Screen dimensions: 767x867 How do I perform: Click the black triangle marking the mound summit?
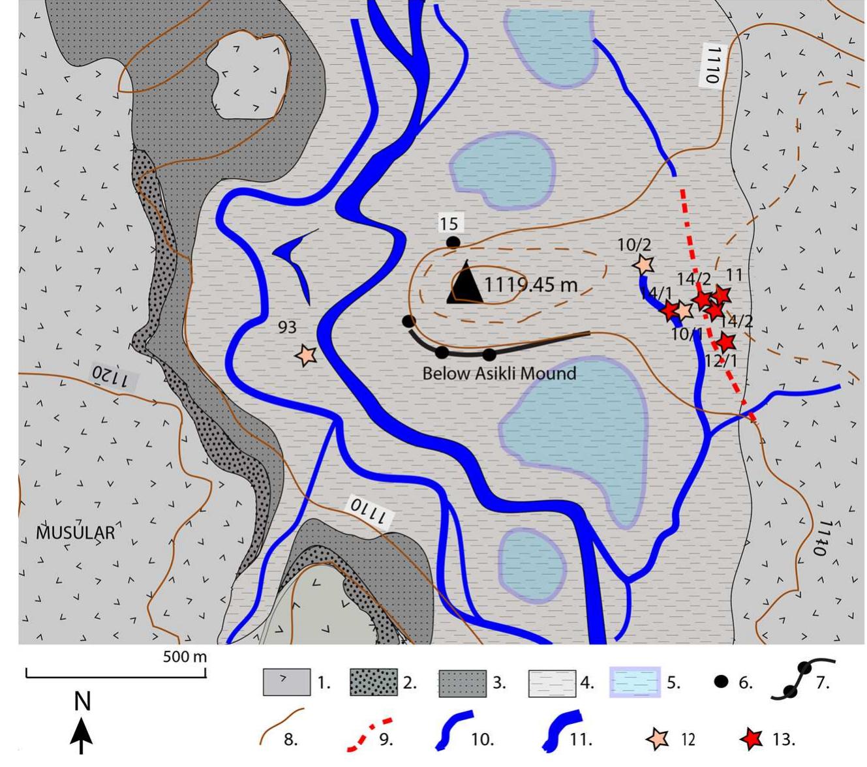465,285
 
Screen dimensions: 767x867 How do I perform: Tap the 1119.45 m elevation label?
531,285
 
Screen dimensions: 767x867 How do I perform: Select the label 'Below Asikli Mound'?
499,374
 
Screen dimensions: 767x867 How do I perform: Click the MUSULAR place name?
75,532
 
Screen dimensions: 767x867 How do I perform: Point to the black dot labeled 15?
453,243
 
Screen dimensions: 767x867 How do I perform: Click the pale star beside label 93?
305,355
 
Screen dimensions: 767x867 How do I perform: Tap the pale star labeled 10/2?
643,265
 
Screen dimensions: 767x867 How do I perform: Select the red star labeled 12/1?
725,342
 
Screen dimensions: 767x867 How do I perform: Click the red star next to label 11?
720,295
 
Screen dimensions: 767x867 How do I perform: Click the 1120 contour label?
115,376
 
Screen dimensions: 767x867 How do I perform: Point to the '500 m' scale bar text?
185,656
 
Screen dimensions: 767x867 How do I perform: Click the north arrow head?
82,728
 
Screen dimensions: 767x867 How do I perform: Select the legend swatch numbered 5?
635,682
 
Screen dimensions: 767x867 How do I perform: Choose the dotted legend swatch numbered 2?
373,682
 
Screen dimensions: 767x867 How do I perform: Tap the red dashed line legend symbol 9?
369,734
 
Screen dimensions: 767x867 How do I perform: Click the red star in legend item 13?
752,739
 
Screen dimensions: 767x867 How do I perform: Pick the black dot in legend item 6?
721,682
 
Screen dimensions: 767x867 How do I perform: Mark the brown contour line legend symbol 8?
281,725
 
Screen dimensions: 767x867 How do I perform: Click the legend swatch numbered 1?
286,682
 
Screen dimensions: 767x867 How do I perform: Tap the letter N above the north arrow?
82,701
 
